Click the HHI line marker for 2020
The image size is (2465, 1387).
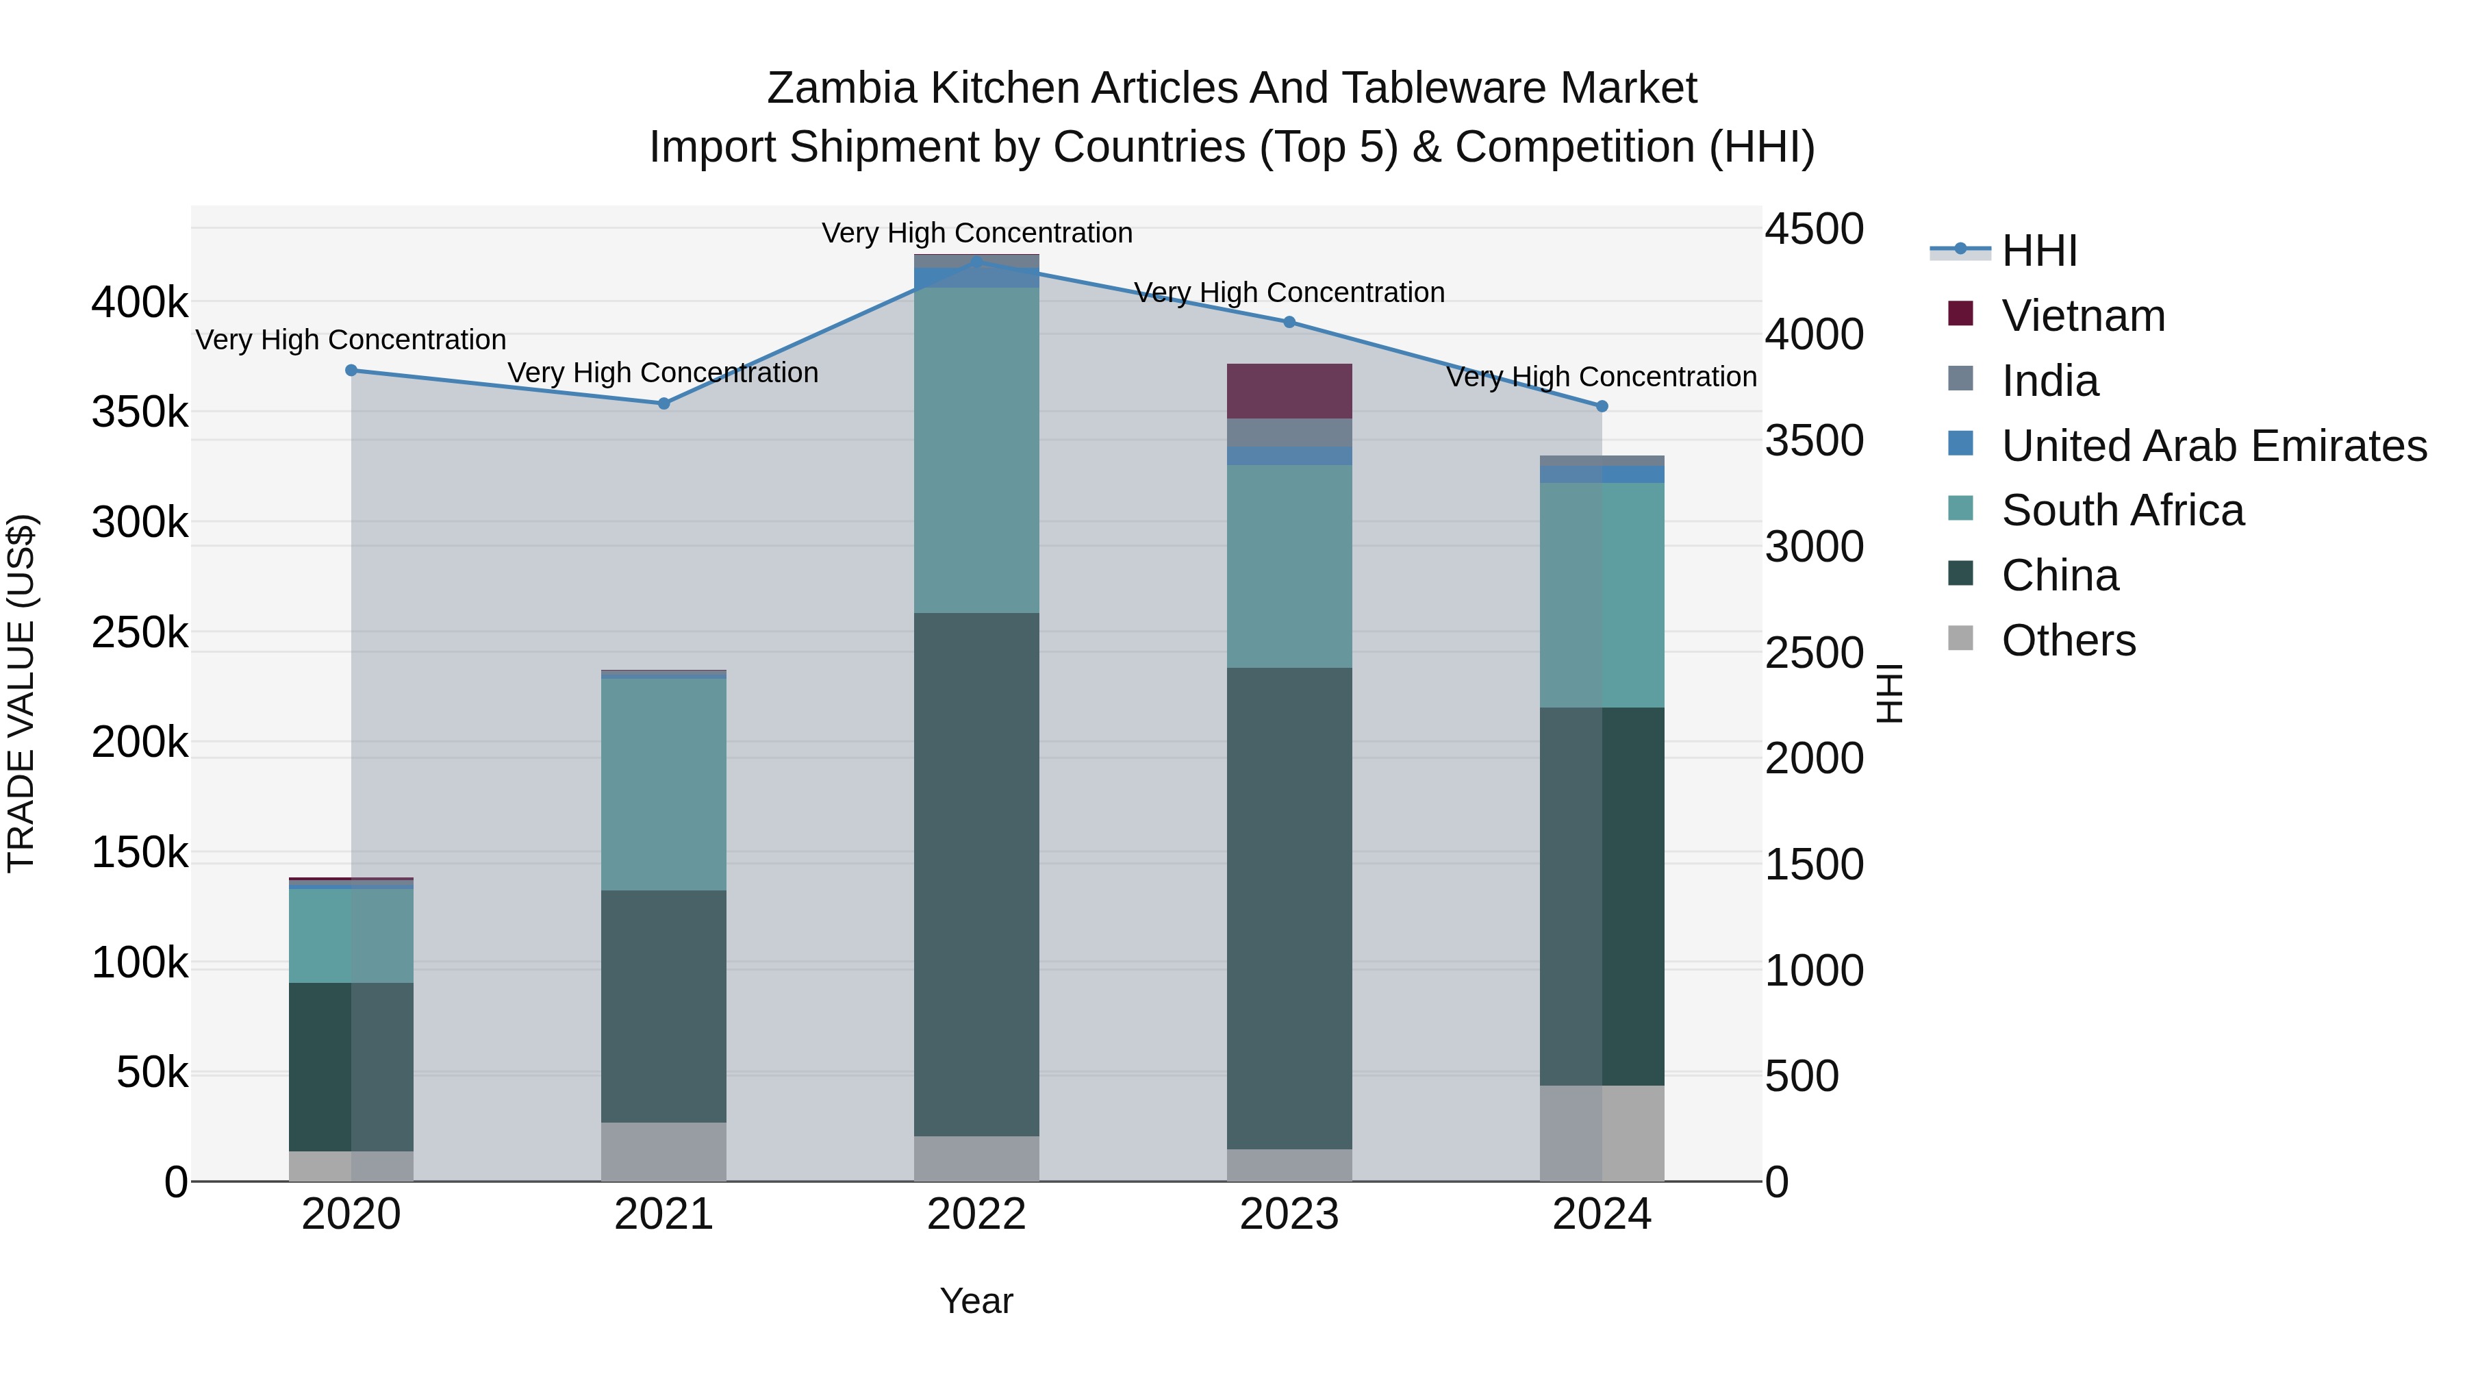pos(351,371)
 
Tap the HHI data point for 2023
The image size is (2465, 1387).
pos(1289,323)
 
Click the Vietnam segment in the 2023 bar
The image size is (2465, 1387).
pos(1289,392)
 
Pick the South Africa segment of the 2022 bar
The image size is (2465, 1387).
pos(976,450)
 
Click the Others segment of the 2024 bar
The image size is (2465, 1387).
pos(1602,1134)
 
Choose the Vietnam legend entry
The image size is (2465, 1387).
pos(2082,316)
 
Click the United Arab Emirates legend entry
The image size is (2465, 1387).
pos(2213,446)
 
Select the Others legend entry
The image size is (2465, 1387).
pos(2068,640)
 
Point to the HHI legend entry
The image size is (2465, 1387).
pos(2038,251)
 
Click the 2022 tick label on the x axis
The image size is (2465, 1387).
pos(976,1214)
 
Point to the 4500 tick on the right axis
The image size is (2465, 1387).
pos(1813,229)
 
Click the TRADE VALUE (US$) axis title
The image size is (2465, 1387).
pos(21,693)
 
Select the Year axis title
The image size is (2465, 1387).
pos(976,1301)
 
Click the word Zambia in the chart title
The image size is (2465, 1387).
pos(842,88)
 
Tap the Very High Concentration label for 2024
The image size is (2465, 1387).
pos(1601,377)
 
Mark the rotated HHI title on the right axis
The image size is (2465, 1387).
pos(1889,693)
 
